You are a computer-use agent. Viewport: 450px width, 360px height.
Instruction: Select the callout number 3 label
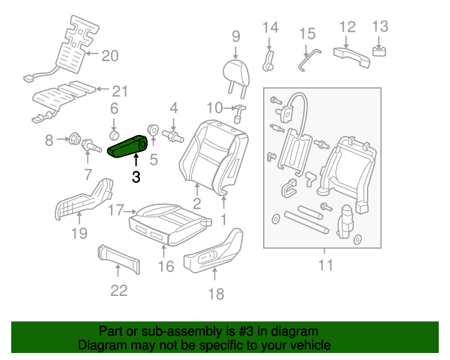[136, 177]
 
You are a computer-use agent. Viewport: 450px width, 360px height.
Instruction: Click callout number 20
[110, 56]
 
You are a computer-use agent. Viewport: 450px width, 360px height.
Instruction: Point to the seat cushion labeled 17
[167, 214]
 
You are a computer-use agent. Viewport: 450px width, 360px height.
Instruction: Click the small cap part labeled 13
[380, 51]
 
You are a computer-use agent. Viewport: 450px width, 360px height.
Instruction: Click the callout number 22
[119, 289]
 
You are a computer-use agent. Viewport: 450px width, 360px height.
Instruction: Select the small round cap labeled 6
[114, 133]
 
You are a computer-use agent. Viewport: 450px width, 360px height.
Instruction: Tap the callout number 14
[271, 28]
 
